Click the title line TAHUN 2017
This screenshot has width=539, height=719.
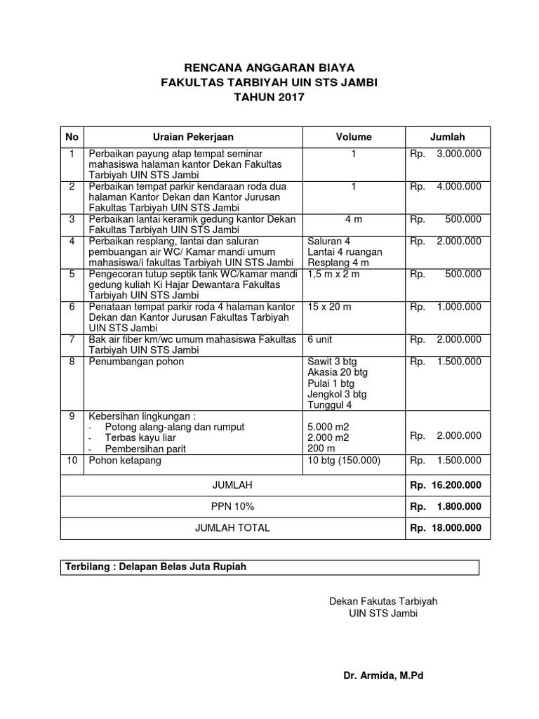pos(269,98)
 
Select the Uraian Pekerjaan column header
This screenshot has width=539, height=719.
pos(193,137)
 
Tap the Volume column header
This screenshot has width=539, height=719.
pos(354,137)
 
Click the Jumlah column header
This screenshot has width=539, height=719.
pos(447,137)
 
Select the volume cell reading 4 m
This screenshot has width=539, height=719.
pos(354,219)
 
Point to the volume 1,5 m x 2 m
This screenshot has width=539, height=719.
pos(333,274)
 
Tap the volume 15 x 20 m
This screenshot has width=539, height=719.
pos(332,307)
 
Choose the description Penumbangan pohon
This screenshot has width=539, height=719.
pos(136,362)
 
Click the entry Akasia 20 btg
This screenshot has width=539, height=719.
pos(338,372)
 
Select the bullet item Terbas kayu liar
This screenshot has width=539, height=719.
pos(140,437)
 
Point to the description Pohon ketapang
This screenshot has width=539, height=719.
pos(124,461)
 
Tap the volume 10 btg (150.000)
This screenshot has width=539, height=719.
pos(344,461)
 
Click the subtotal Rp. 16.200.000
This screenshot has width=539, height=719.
pos(446,485)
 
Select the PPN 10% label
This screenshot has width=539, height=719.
pos(232,506)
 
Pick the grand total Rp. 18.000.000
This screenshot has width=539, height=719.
pos(446,528)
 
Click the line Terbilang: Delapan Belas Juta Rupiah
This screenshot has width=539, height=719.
pos(156,567)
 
